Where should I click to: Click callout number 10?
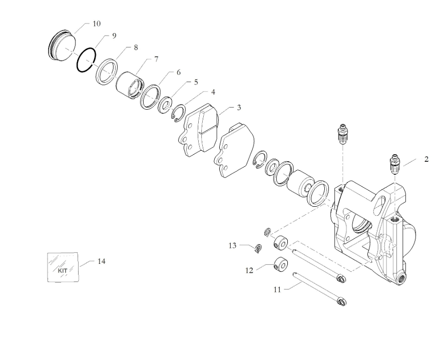point(96,24)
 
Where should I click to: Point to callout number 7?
point(156,59)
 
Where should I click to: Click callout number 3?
point(239,107)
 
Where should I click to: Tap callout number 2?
point(426,160)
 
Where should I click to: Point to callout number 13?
point(232,245)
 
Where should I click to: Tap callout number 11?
point(277,289)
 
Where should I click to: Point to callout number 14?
point(102,261)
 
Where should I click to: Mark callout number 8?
point(136,47)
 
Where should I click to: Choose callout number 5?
point(196,82)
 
